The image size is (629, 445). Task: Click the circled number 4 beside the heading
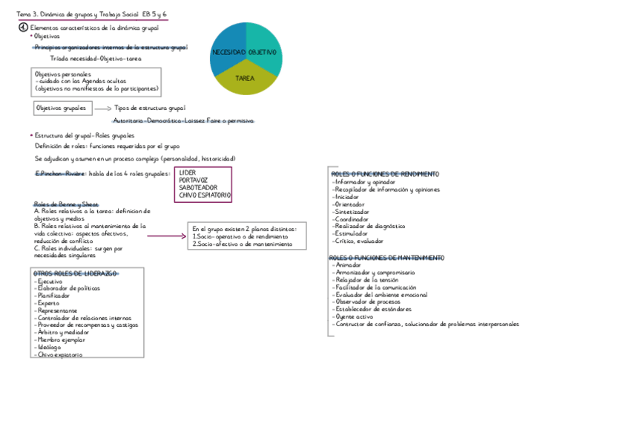[23, 27]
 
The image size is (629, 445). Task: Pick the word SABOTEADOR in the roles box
[198, 187]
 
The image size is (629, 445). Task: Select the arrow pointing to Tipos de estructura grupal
[102, 108]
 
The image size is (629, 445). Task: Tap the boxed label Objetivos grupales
[62, 108]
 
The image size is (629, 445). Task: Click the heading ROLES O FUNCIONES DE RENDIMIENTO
[385, 174]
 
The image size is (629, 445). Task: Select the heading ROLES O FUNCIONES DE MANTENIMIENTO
[386, 258]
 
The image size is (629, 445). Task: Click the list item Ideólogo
[47, 347]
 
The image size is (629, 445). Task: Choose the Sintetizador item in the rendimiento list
[350, 212]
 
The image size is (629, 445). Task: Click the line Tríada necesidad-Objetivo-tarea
[96, 59]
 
